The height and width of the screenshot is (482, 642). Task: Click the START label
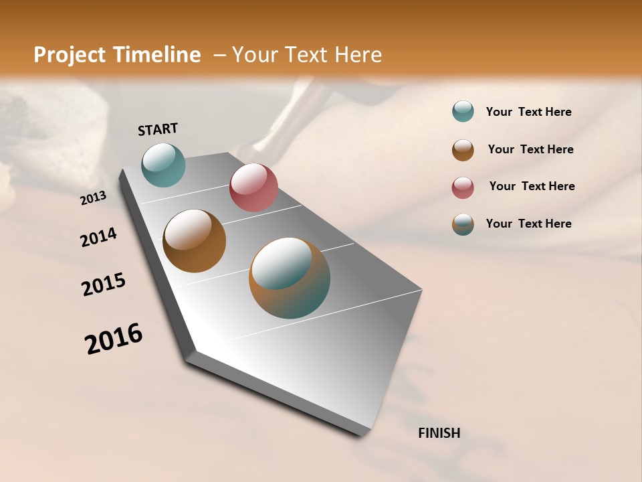click(158, 129)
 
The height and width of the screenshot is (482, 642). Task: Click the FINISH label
click(439, 433)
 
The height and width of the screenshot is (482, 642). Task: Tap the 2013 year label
click(93, 198)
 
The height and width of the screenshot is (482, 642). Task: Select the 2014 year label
click(98, 238)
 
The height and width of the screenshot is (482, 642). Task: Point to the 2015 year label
click(104, 285)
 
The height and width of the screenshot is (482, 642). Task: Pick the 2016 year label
click(114, 338)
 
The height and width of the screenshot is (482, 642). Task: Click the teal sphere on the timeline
click(163, 165)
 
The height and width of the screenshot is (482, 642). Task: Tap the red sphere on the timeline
click(253, 187)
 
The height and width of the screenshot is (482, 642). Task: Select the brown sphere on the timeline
click(194, 241)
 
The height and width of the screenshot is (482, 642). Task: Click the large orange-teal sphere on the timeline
click(290, 278)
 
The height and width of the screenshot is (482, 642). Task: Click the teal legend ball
click(463, 111)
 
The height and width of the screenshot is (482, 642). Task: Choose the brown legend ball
click(463, 150)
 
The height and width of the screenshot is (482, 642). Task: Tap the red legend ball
click(463, 187)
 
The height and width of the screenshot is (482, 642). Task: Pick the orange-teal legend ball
click(463, 224)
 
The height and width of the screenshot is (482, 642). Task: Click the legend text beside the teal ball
click(528, 112)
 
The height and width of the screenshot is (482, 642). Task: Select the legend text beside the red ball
click(532, 186)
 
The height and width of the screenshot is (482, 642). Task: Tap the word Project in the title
click(69, 55)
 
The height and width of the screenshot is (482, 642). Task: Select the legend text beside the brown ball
click(530, 149)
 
